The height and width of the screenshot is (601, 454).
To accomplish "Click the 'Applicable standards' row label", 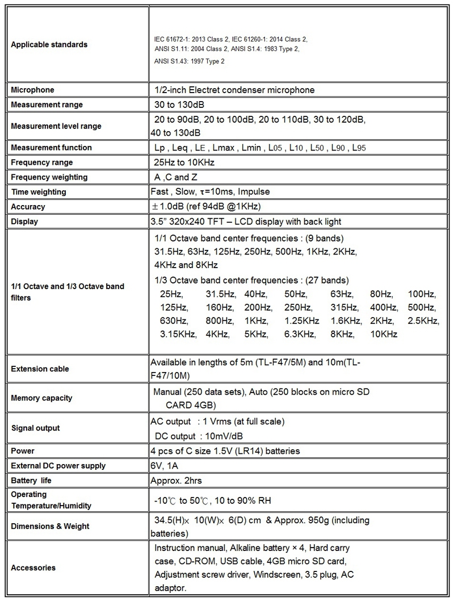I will pyautogui.click(x=49, y=44).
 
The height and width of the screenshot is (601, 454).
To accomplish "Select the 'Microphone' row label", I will pyautogui.click(x=33, y=90).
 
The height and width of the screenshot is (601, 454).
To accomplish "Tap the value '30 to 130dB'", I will pyautogui.click(x=179, y=105).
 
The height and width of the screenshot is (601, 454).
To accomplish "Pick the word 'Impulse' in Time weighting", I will pyautogui.click(x=255, y=192).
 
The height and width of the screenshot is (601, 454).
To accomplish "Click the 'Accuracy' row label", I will pyautogui.click(x=28, y=207).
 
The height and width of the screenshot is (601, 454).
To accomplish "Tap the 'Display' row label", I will pyautogui.click(x=26, y=222).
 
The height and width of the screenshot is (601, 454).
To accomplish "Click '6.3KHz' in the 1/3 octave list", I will pyautogui.click(x=301, y=334).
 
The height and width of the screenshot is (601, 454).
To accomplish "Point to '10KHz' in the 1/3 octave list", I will pyautogui.click(x=384, y=334).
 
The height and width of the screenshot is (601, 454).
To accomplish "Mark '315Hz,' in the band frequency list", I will pyautogui.click(x=344, y=307).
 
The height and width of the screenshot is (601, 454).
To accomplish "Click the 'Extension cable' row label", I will pyautogui.click(x=40, y=369).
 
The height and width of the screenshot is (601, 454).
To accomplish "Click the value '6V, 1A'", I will pyautogui.click(x=165, y=466).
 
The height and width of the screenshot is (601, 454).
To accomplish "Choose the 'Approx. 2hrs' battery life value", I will pyautogui.click(x=176, y=481).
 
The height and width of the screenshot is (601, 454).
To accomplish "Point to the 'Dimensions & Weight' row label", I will pyautogui.click(x=50, y=526).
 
